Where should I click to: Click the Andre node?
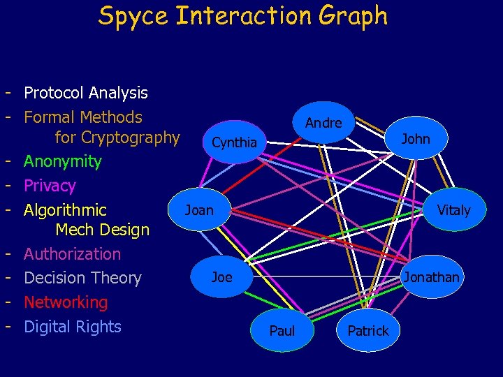coord(323,123)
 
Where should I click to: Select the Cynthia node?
coord(234,142)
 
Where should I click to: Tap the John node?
coord(416,139)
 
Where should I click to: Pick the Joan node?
coord(199,209)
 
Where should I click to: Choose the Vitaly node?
coord(453,209)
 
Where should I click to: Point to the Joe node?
coord(221,277)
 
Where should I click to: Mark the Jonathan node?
coord(431,277)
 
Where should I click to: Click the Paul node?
coord(282,331)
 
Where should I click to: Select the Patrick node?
coord(367,331)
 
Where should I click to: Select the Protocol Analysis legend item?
coord(86,93)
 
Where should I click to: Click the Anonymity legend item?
coord(63,161)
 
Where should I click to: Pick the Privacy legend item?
coord(50,186)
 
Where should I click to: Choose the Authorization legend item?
coord(72,253)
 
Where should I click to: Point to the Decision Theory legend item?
coord(82,278)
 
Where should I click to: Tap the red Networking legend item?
coord(66,302)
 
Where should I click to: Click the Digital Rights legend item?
coord(73,327)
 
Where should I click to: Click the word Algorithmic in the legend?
coord(65,210)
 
